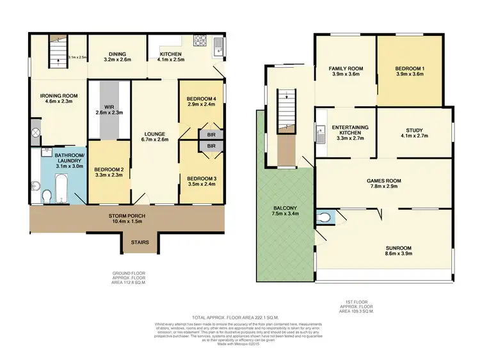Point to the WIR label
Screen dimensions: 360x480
(x=108, y=110)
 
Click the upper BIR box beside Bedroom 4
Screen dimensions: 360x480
(x=211, y=135)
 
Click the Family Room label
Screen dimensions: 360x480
(x=346, y=71)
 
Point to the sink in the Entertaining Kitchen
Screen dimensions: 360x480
(x=320, y=134)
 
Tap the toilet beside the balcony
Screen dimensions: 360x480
(x=326, y=218)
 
